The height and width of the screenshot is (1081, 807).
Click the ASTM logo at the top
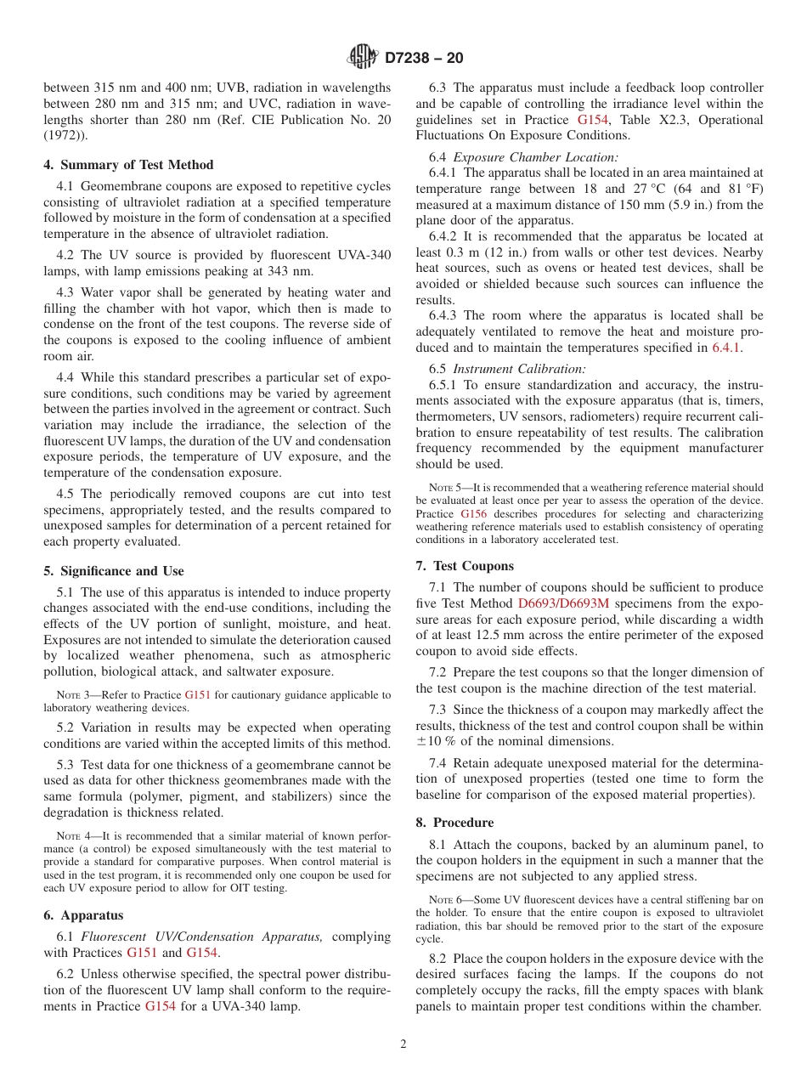[x=363, y=58]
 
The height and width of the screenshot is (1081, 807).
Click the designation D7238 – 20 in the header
[x=424, y=59]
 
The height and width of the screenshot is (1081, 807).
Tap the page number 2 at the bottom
[x=403, y=1044]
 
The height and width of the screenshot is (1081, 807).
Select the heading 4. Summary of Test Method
[x=128, y=165]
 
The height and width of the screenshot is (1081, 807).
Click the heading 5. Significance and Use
[x=114, y=571]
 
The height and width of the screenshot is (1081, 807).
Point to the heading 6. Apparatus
[x=83, y=915]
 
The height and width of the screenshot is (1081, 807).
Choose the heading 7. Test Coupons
[x=465, y=566]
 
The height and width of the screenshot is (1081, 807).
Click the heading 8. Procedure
[x=454, y=823]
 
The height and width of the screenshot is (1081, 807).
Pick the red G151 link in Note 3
[x=198, y=694]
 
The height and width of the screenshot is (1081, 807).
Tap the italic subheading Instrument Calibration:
[x=519, y=369]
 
